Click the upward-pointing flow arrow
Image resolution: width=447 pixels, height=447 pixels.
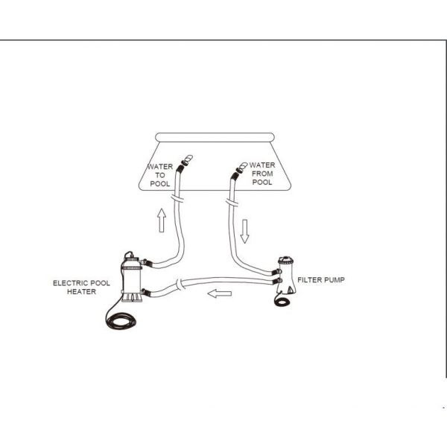pos(162,220)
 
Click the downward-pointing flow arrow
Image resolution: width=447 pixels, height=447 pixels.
pos(244,231)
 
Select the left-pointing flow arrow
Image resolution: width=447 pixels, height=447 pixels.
pos(220,294)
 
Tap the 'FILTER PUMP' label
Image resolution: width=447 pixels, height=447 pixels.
pos(321,280)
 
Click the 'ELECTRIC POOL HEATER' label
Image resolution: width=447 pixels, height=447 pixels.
pos(81,288)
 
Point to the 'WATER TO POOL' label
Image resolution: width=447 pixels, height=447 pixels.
pos(160,175)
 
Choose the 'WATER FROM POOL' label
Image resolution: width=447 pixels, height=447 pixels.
pos(262,174)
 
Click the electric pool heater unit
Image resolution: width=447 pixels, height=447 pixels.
pos(131,277)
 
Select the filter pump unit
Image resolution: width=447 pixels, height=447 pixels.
pos(286,276)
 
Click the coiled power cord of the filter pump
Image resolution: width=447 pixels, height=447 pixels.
pos(282,301)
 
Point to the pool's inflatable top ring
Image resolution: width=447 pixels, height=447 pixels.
pos(215,137)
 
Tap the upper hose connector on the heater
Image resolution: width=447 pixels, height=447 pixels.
pos(145,262)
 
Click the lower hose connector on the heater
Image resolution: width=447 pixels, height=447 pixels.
pos(145,292)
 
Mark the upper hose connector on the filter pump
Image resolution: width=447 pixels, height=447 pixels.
pos(276,272)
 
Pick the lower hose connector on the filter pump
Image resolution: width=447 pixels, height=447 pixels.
pos(276,281)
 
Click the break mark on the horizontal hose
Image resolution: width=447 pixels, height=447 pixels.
pos(180,285)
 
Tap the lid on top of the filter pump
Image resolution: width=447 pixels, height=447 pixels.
pos(285,260)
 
